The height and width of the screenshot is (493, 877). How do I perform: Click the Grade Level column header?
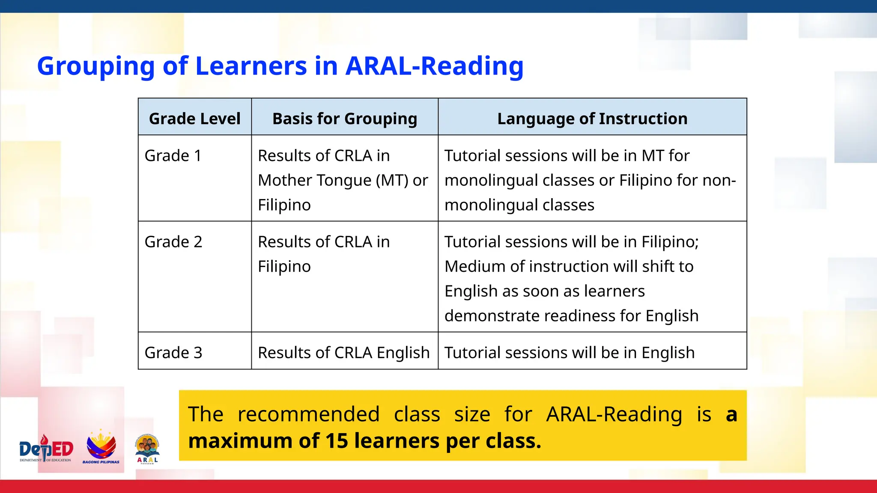(194, 119)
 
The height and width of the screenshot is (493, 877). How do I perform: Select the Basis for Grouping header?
(345, 119)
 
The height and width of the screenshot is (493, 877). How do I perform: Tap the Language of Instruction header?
(592, 119)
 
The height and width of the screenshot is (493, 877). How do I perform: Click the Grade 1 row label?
(173, 156)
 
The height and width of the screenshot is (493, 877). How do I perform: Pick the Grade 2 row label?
(173, 242)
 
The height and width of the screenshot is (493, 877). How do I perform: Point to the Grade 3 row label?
(173, 353)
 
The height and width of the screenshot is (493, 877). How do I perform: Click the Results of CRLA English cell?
(343, 353)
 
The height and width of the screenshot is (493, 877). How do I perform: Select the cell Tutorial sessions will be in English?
(570, 353)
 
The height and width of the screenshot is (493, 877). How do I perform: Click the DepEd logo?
(46, 449)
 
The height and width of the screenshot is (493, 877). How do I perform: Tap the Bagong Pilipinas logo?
(101, 447)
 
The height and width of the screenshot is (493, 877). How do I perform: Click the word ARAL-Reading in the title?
(434, 66)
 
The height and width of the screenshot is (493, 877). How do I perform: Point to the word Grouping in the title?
(95, 67)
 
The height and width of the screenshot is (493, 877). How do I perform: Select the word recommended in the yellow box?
(308, 414)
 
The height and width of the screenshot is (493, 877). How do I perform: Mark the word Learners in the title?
(251, 66)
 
